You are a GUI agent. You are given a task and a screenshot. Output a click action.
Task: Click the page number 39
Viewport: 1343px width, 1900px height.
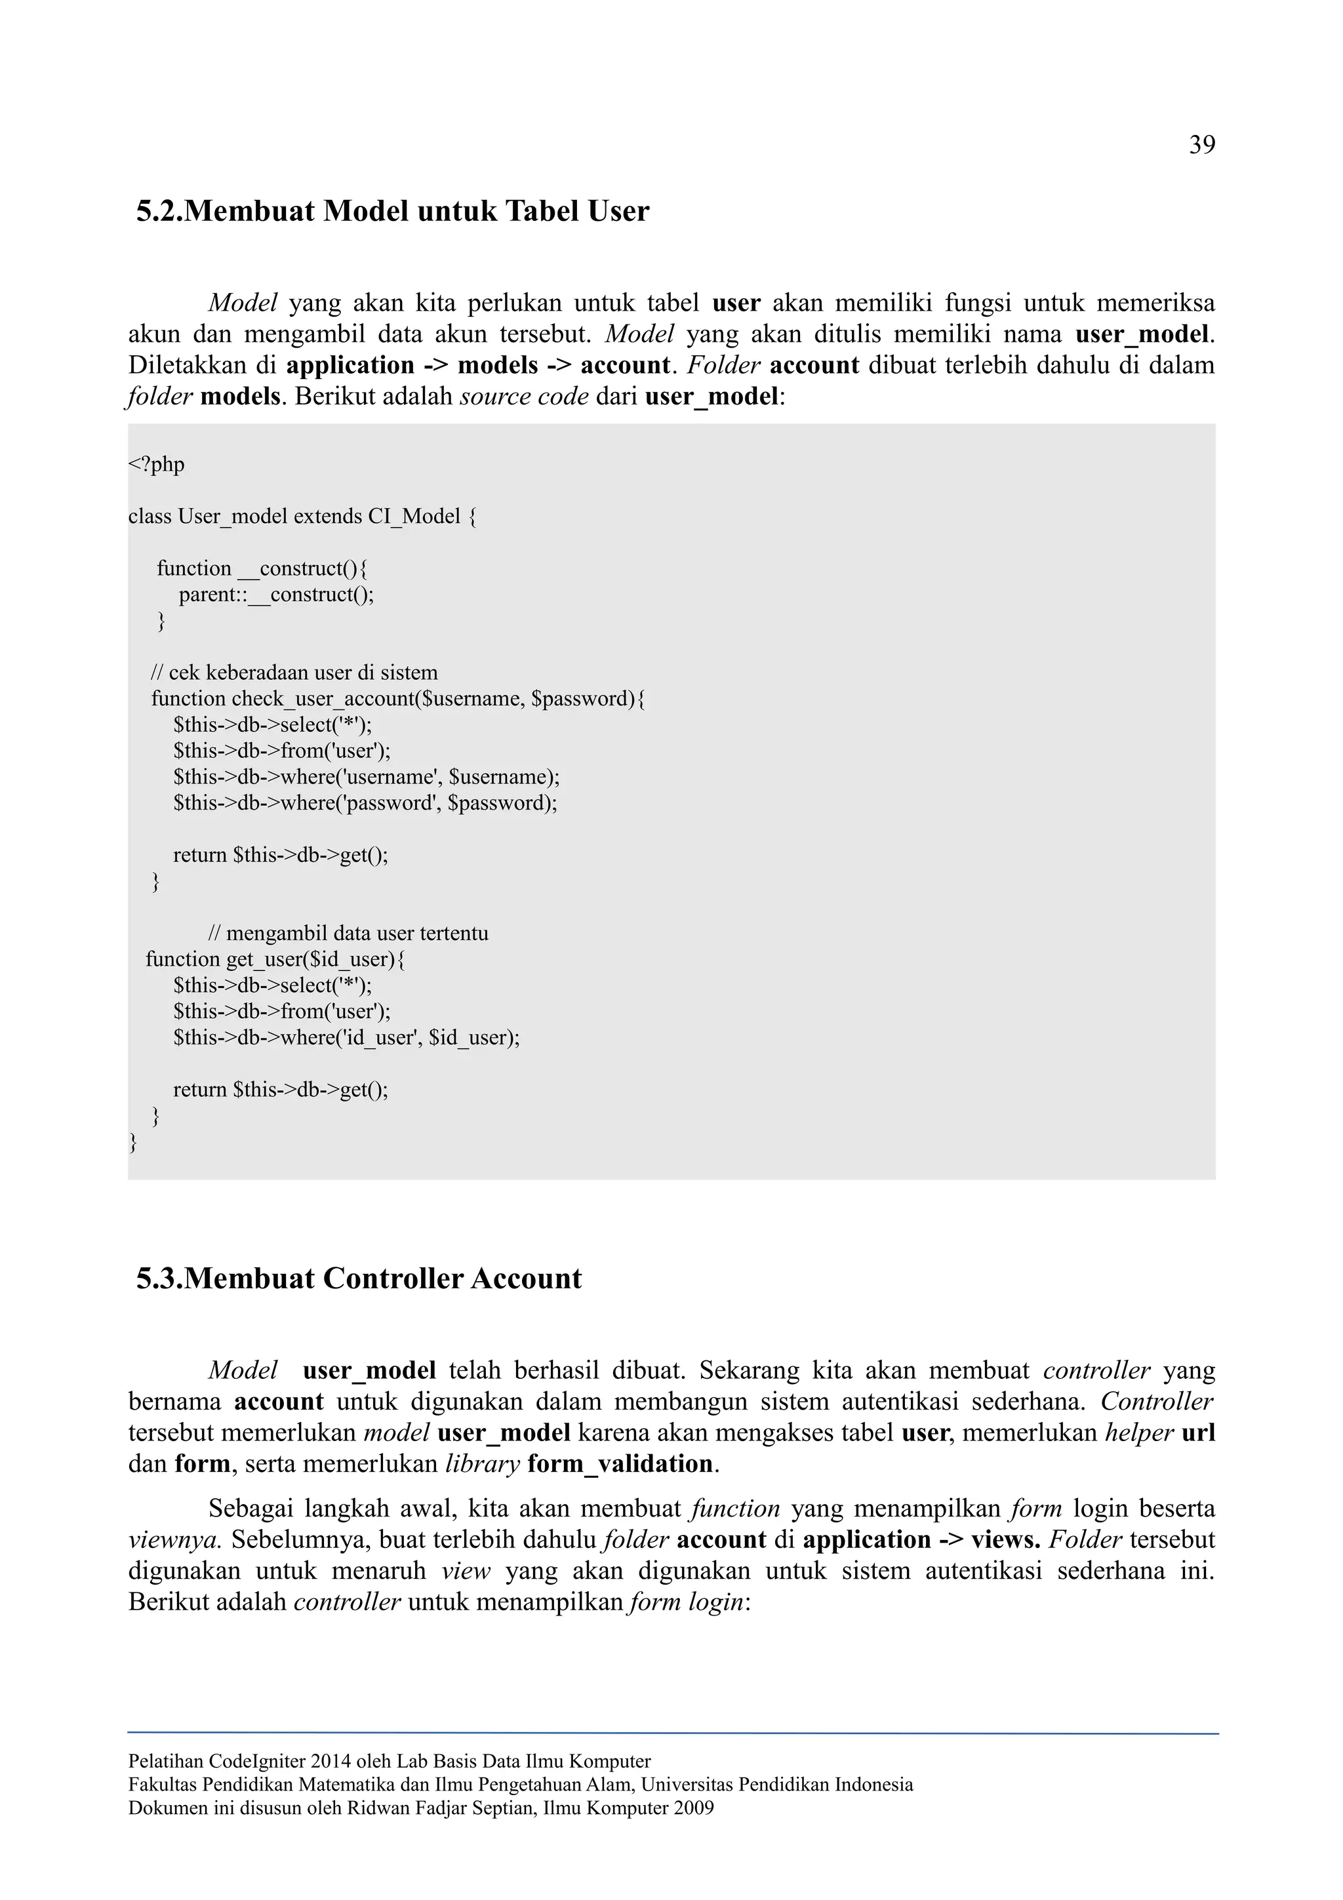pyautogui.click(x=1201, y=146)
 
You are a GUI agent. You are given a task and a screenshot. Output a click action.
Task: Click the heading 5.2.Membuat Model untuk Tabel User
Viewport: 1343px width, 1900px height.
pyautogui.click(x=392, y=212)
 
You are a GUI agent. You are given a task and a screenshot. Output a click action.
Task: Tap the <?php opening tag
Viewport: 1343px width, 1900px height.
pyautogui.click(x=156, y=465)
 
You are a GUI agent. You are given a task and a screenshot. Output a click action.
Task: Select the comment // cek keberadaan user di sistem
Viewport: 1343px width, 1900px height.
pyautogui.click(x=294, y=673)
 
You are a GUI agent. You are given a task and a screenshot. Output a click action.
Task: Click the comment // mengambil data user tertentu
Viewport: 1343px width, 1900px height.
pyautogui.click(x=348, y=934)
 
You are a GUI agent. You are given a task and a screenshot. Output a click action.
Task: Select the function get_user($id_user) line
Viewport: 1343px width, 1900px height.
pyautogui.click(x=275, y=960)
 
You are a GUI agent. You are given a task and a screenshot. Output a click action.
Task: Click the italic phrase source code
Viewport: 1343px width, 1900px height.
pyautogui.click(x=524, y=397)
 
